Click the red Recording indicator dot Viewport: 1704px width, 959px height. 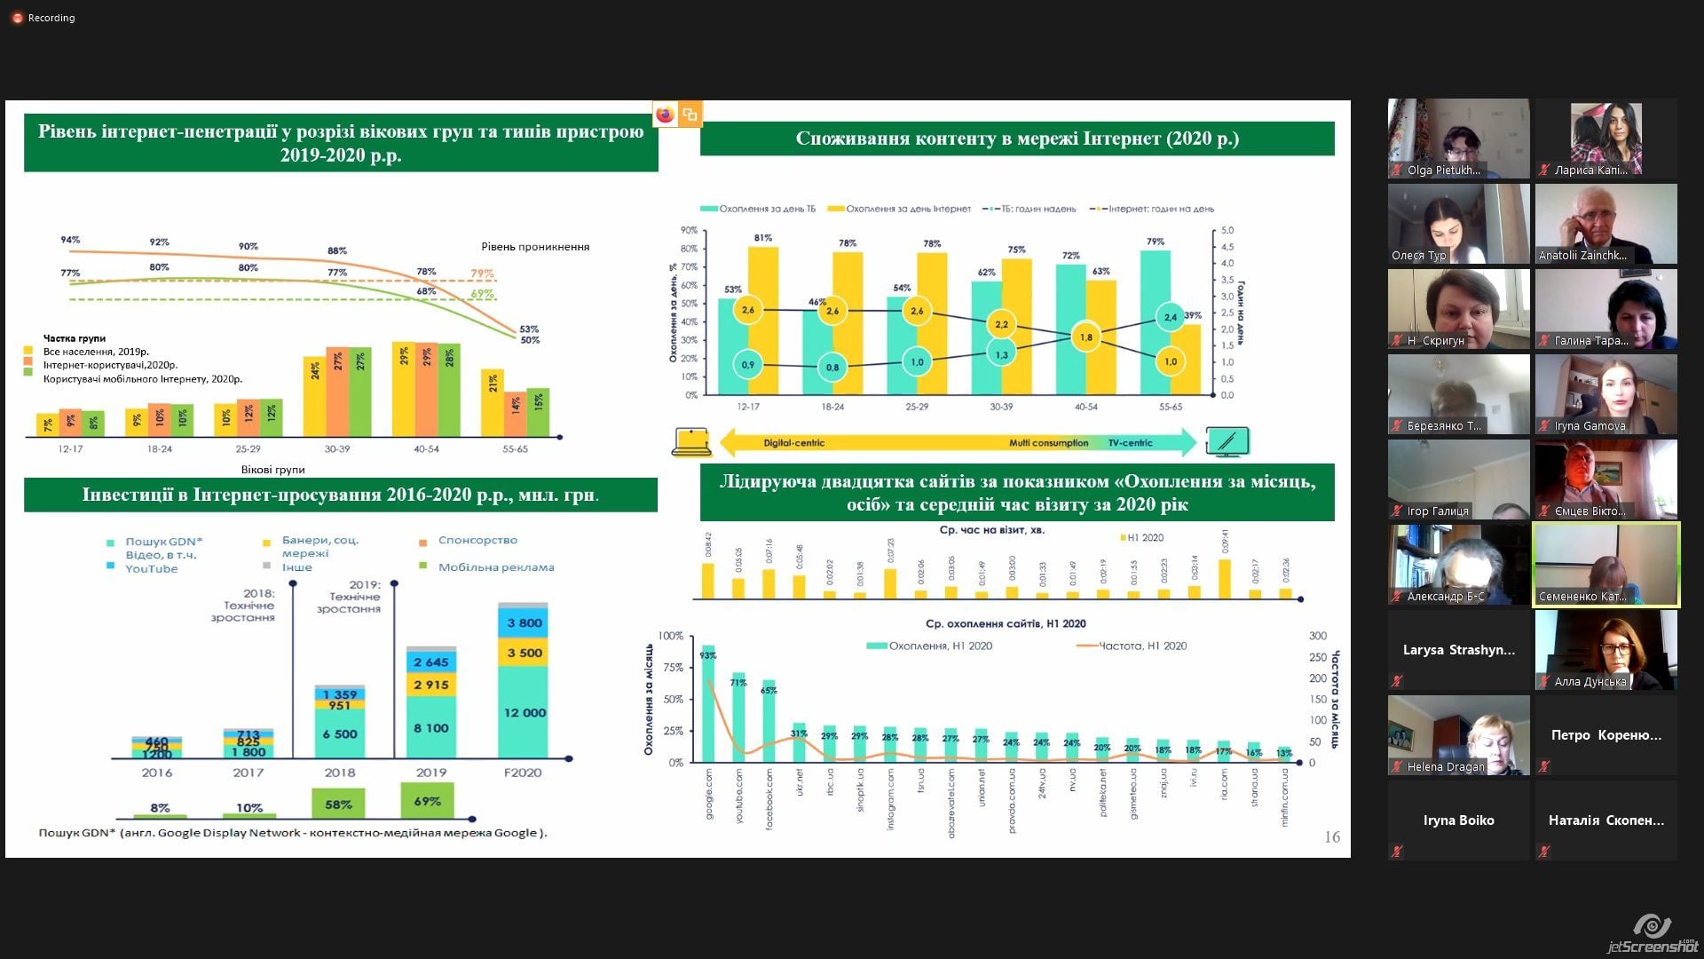[x=17, y=18]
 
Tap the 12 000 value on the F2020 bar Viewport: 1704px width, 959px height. [x=524, y=712]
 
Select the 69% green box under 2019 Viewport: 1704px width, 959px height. [x=427, y=801]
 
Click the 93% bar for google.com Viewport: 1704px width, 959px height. [x=708, y=701]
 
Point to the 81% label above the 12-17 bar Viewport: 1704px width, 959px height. [x=762, y=238]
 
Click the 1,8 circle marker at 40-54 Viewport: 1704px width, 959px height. [x=1085, y=337]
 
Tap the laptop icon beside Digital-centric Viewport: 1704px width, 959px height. [x=690, y=441]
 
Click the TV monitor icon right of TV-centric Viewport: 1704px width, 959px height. [x=1227, y=441]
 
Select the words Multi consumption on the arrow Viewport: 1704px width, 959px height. [x=1048, y=443]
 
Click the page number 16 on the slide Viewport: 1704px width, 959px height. [x=1331, y=836]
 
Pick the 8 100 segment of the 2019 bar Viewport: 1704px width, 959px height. [x=431, y=728]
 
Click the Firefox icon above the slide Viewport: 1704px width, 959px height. [x=665, y=115]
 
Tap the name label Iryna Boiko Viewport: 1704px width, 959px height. [x=1458, y=820]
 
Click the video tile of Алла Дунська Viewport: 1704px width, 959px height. [x=1605, y=650]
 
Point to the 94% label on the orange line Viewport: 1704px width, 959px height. [x=70, y=240]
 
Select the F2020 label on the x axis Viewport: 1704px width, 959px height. [x=523, y=773]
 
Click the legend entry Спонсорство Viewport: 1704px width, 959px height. [x=477, y=540]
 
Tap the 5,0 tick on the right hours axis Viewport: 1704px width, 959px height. [x=1227, y=230]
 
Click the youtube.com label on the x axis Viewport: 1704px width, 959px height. [x=739, y=796]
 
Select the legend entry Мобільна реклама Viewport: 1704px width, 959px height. [x=495, y=567]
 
